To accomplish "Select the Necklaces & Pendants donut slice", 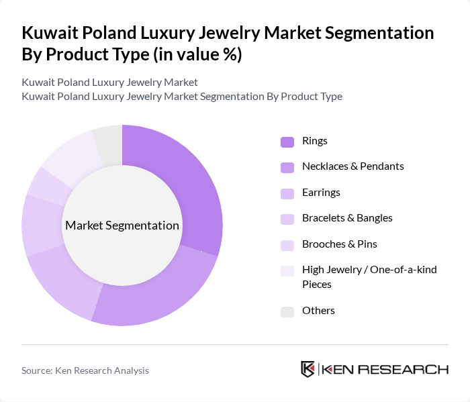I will click(x=161, y=295).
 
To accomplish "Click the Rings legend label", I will click(x=315, y=141).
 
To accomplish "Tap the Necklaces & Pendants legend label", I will click(x=352, y=166).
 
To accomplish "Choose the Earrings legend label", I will click(x=321, y=193).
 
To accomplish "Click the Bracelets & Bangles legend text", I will click(x=347, y=218).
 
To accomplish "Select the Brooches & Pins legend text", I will click(x=340, y=244).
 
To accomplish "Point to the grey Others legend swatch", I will click(x=287, y=311).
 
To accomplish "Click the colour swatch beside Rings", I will click(x=287, y=142).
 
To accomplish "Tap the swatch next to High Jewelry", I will click(x=287, y=270).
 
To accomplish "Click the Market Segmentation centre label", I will click(x=122, y=225).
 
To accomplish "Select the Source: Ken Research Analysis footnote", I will click(x=85, y=370).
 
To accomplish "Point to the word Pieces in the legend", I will click(x=317, y=285).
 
